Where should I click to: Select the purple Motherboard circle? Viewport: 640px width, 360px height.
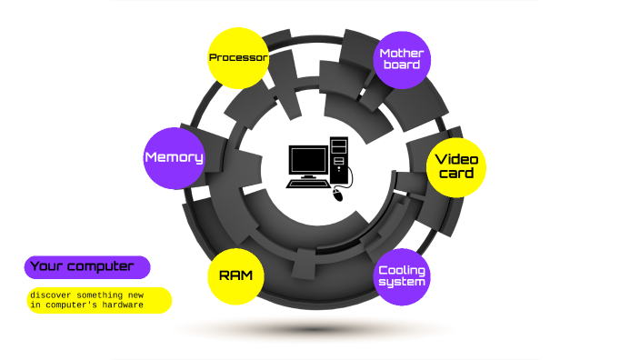[401, 59]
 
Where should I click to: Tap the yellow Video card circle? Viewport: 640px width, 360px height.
[456, 166]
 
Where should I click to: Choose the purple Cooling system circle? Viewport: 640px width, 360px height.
[402, 275]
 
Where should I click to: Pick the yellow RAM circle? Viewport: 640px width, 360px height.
[236, 275]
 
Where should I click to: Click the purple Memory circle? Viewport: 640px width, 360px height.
[174, 157]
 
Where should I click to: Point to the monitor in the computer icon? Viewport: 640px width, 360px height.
[307, 161]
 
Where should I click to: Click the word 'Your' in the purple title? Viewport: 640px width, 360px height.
[46, 266]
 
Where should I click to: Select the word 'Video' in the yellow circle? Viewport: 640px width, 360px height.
[456, 159]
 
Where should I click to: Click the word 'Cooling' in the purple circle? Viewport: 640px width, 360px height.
[402, 270]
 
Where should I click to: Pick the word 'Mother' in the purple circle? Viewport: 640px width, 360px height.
[401, 53]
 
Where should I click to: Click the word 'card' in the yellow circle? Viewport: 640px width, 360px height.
[456, 174]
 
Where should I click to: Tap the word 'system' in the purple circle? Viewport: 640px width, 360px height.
[402, 282]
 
